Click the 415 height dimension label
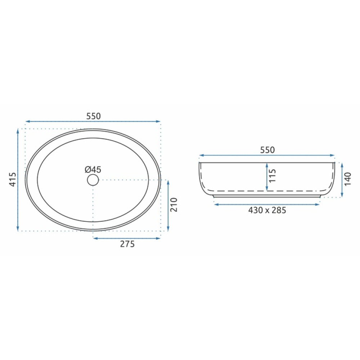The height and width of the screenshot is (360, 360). (x=13, y=180)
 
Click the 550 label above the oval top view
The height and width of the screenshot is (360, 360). (x=94, y=116)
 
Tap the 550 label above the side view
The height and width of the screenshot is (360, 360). (x=267, y=150)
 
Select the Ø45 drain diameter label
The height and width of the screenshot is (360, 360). (x=93, y=170)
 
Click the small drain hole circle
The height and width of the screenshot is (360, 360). (x=93, y=180)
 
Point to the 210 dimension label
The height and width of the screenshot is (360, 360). (x=174, y=204)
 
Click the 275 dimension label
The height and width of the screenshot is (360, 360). (x=127, y=244)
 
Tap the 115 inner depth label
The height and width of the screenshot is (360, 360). (x=273, y=176)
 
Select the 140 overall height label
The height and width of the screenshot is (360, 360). (x=348, y=179)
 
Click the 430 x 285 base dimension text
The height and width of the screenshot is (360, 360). (x=267, y=210)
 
